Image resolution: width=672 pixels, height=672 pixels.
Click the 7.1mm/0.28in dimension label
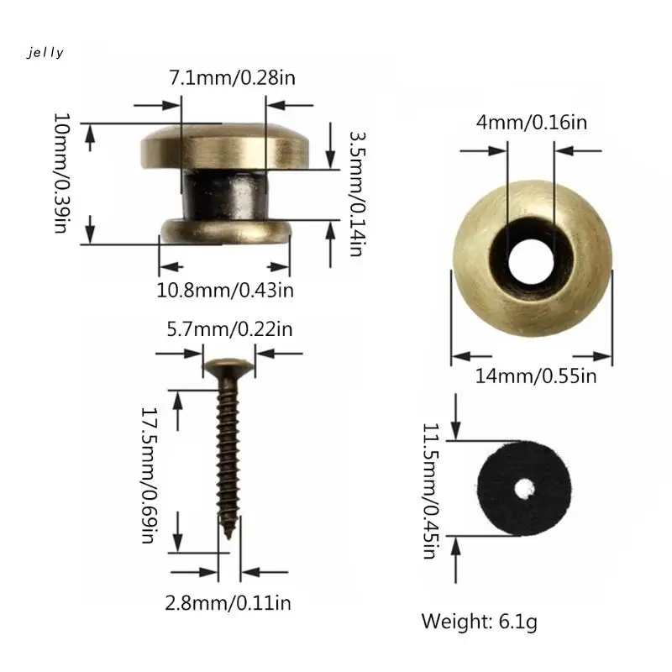233,78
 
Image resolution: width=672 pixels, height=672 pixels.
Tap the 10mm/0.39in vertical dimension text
60,173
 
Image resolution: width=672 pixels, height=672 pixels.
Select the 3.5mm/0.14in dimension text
357,193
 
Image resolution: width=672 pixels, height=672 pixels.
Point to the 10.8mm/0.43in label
225,291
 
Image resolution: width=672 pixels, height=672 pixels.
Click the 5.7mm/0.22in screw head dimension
229,329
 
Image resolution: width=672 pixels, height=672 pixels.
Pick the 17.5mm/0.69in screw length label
149,475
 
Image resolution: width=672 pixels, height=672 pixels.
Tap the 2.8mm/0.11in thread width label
228,603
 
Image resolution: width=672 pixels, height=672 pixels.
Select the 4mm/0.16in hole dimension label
532,123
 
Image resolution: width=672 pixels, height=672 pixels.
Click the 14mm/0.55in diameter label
536,376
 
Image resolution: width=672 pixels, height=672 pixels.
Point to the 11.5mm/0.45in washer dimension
430,491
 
